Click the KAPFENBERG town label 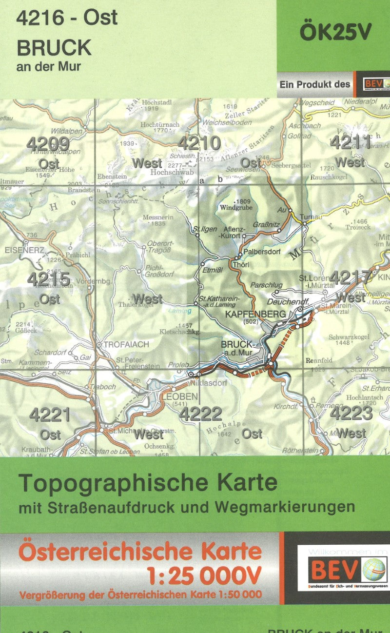pyautogui.click(x=255, y=315)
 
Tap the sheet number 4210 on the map pyautogui.click(x=199, y=143)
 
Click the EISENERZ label pyautogui.click(x=23, y=250)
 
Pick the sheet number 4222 pyautogui.click(x=200, y=414)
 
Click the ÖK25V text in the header pyautogui.click(x=335, y=32)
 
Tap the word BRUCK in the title pyautogui.click(x=54, y=48)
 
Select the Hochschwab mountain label pyautogui.click(x=172, y=173)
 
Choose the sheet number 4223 pyautogui.click(x=351, y=413)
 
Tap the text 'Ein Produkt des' pyautogui.click(x=314, y=84)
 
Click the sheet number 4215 pyautogui.click(x=49, y=279)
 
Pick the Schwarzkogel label pyautogui.click(x=349, y=336)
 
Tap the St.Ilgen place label pyautogui.click(x=205, y=229)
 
